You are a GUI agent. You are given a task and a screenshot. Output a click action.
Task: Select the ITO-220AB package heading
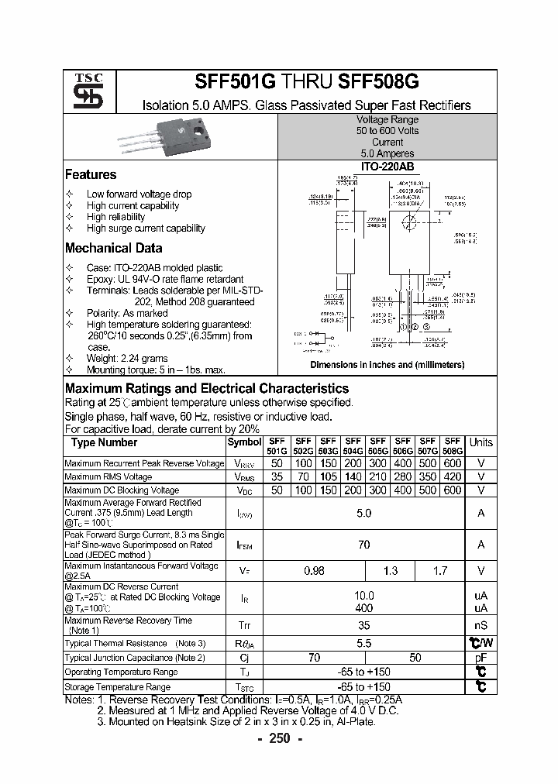[387, 167]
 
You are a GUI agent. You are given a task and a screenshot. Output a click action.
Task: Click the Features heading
[91, 175]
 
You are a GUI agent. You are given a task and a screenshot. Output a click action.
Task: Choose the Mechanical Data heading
[113, 249]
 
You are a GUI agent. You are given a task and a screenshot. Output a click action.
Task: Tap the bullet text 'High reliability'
[115, 217]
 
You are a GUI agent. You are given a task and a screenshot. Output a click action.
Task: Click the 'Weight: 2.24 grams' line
[127, 359]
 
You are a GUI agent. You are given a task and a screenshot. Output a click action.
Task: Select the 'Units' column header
[480, 442]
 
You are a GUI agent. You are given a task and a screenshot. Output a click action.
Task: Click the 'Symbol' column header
[244, 442]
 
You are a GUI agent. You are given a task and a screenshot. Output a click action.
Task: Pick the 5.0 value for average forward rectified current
[363, 513]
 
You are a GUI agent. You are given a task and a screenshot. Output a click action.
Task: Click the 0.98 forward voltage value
[314, 571]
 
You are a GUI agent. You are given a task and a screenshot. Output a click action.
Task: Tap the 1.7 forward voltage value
[440, 571]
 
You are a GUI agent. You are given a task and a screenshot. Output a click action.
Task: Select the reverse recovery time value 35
[363, 625]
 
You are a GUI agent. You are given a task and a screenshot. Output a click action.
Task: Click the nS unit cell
[480, 625]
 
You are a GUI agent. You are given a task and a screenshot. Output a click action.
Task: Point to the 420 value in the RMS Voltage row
[453, 477]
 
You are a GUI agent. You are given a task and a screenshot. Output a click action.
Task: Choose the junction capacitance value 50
[415, 657]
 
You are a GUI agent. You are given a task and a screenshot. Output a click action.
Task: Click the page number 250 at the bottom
[279, 739]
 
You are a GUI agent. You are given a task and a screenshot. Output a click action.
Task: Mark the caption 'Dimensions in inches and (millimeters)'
[387, 365]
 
